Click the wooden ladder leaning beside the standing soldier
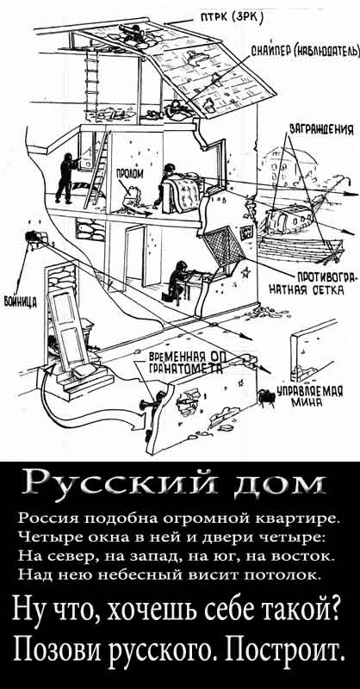(x=96, y=168)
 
